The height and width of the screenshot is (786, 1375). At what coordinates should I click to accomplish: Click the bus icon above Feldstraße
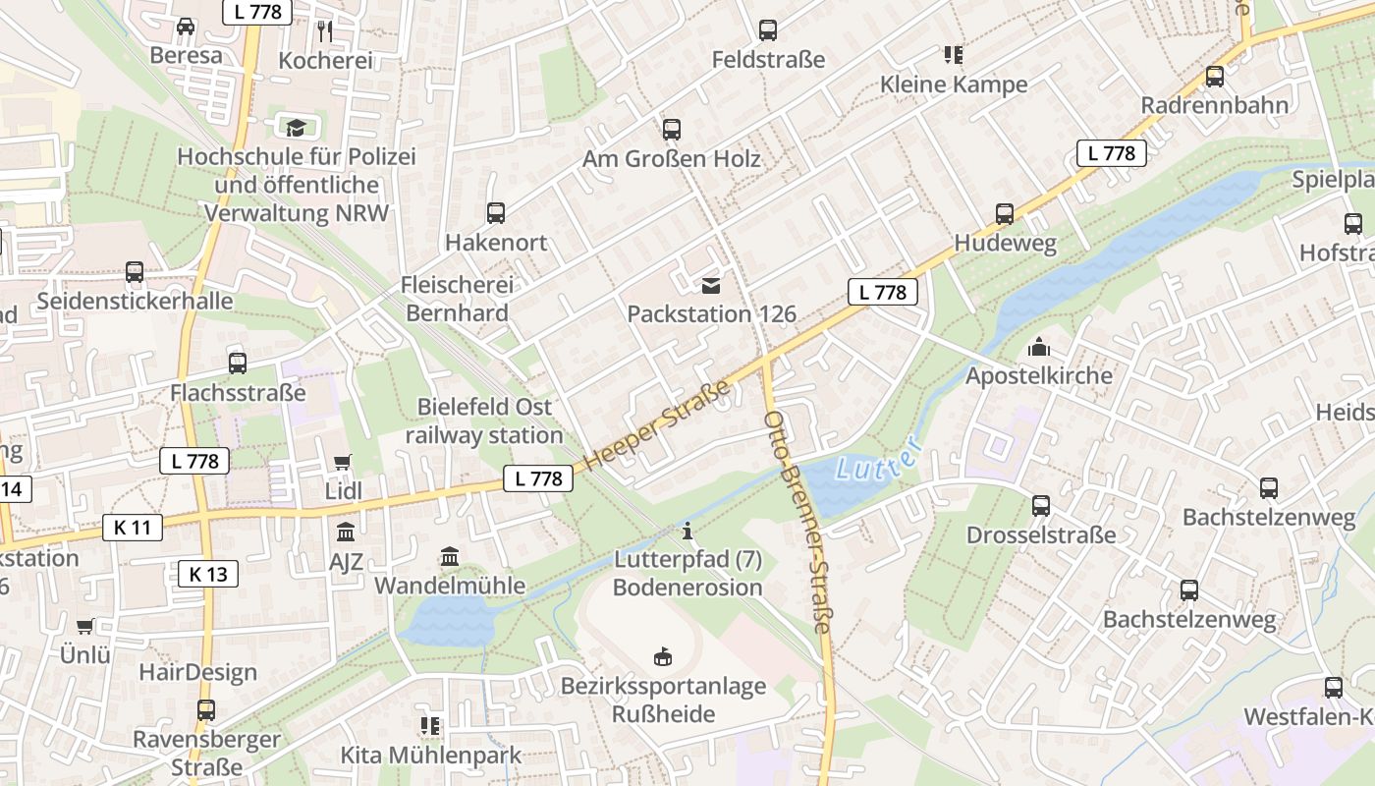point(768,30)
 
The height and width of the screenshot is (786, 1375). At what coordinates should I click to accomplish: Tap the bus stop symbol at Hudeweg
point(1004,213)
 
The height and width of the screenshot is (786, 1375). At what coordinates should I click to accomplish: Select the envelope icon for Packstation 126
point(711,286)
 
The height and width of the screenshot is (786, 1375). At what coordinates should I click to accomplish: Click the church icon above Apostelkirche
point(1038,347)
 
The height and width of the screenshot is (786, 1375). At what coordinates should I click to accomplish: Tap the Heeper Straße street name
point(659,425)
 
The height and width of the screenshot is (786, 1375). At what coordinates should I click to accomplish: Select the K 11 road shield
point(133,528)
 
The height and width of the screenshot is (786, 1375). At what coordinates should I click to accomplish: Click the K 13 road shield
point(208,574)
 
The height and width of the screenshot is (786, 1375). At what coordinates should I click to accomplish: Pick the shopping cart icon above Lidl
point(343,462)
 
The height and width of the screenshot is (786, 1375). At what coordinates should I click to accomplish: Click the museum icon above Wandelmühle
point(450,557)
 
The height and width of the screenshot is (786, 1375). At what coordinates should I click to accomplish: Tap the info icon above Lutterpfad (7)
point(687,532)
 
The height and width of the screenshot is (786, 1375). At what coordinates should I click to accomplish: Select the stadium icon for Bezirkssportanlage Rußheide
point(663,656)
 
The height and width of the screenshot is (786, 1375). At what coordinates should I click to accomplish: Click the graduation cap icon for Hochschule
point(296,127)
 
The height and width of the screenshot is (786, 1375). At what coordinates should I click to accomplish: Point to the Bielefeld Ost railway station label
point(484,421)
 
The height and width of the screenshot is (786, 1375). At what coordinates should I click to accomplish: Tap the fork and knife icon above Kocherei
point(325,31)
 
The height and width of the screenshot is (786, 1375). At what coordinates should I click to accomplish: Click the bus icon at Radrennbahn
point(1215,76)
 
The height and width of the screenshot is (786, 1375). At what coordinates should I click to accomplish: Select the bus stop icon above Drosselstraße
point(1041,506)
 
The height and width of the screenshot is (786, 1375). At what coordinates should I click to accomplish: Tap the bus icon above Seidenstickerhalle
point(135,272)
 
